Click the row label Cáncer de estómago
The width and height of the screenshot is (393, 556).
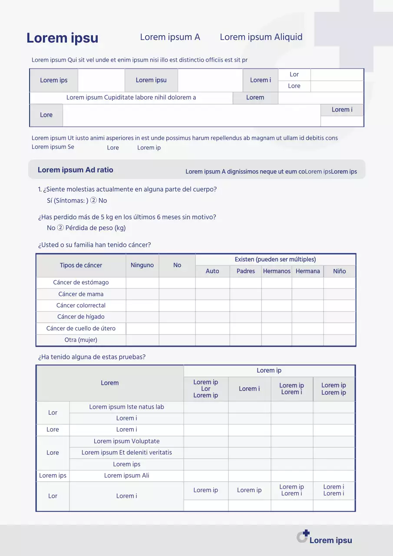click(81, 282)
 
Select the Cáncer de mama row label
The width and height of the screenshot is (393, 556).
click(81, 294)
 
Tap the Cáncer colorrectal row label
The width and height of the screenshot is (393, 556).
click(81, 305)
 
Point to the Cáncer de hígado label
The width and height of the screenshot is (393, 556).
click(81, 317)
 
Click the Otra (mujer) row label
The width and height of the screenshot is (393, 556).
click(81, 340)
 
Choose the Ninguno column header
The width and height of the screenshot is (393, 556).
click(142, 265)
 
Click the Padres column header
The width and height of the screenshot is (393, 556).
click(246, 271)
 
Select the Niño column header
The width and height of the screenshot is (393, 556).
click(340, 271)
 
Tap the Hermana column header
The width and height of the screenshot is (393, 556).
click(307, 271)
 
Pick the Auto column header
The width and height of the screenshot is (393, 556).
click(212, 271)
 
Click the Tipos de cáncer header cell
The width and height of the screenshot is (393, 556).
click(81, 265)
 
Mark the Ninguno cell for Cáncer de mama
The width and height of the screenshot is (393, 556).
click(142, 294)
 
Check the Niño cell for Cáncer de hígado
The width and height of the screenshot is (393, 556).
click(340, 317)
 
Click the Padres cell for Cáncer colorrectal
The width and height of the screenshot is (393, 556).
click(246, 305)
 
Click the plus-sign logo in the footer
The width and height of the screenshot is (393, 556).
click(303, 536)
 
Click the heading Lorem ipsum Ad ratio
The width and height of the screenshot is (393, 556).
click(75, 170)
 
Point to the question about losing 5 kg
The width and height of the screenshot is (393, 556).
click(127, 217)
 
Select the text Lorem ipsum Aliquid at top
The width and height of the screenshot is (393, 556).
click(261, 37)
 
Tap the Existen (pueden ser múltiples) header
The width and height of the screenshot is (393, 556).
click(275, 259)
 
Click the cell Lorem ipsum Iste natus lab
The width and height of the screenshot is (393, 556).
click(126, 407)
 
